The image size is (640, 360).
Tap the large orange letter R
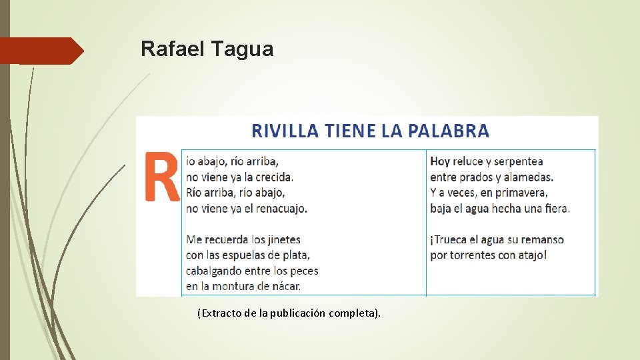coord(162,177)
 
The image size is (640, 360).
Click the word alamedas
coord(529,177)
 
